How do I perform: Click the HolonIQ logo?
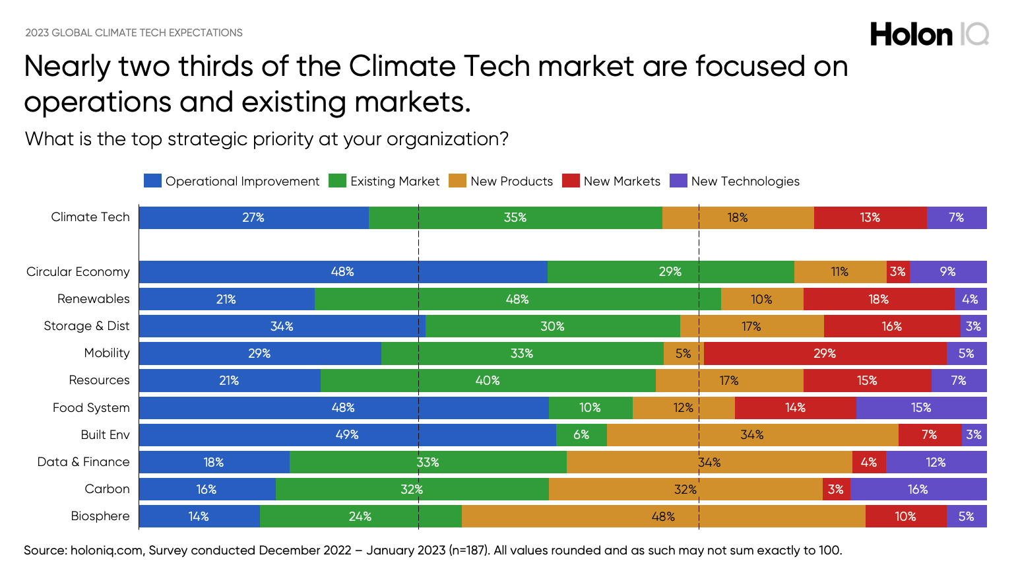[x=929, y=34]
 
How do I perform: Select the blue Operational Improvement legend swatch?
[x=152, y=181]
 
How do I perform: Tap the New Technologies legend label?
[x=745, y=182]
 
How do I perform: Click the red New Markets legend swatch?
[x=571, y=181]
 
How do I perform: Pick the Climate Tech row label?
[x=90, y=217]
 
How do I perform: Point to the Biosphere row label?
[x=100, y=516]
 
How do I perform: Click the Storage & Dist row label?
[x=86, y=326]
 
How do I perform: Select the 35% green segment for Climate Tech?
[x=515, y=218]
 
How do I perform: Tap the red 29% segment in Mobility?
[x=825, y=354]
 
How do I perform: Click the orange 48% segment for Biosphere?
[x=663, y=517]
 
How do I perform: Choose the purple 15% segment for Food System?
[x=921, y=408]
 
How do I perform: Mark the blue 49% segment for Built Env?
[x=347, y=435]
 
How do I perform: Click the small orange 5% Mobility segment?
[x=684, y=354]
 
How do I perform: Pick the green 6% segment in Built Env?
[x=581, y=435]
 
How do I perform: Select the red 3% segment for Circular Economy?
[x=898, y=272]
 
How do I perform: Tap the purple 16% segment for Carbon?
[x=918, y=490]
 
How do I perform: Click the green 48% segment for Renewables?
[x=517, y=300]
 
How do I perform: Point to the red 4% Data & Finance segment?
[x=869, y=463]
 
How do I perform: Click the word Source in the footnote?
[x=45, y=551]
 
